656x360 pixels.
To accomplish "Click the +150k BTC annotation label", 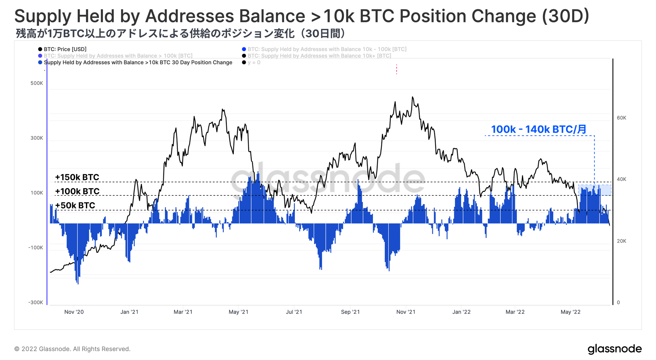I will [x=77, y=177].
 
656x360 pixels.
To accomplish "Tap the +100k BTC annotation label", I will [x=77, y=191].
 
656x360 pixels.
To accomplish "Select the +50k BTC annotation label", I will [x=75, y=206].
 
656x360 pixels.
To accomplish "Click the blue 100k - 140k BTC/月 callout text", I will [x=539, y=130].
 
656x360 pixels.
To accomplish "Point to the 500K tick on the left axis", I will [x=37, y=83].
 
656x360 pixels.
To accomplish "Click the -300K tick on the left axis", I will [x=36, y=302].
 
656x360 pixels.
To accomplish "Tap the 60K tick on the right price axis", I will [x=621, y=118].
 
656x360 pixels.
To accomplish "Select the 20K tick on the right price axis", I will [x=621, y=241].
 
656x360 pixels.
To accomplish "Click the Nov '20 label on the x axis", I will [x=74, y=312].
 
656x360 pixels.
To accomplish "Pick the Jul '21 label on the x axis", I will [x=294, y=312].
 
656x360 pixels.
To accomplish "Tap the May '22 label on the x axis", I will [x=570, y=312].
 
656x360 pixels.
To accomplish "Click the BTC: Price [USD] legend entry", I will [x=65, y=49].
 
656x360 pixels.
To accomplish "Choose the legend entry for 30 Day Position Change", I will [x=138, y=63].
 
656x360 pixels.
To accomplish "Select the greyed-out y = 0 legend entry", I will [x=254, y=63].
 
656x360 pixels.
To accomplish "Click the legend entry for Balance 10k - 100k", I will [x=327, y=49].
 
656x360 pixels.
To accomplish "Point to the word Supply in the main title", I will [x=40, y=16].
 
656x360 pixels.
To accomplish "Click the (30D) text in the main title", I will [x=565, y=16].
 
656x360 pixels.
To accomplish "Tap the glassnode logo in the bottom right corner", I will [x=614, y=349].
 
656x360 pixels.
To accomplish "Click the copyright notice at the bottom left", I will [x=72, y=349].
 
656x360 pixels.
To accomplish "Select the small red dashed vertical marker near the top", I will [x=397, y=69].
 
